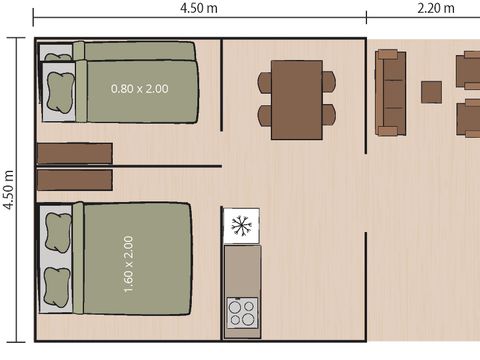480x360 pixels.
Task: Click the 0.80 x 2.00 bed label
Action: pyautogui.click(x=140, y=89)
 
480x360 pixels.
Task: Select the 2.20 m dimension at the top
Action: pyautogui.click(x=434, y=9)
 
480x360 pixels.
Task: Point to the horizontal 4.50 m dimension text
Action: pyautogui.click(x=200, y=9)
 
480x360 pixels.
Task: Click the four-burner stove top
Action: pyautogui.click(x=242, y=313)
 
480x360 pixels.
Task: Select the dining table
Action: pyautogui.click(x=297, y=100)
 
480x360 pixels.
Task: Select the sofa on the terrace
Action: pyautogui.click(x=390, y=92)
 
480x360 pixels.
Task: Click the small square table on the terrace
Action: pyautogui.click(x=431, y=92)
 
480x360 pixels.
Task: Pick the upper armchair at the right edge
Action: pyautogui.click(x=467, y=71)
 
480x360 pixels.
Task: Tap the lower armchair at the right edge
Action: pyautogui.click(x=467, y=118)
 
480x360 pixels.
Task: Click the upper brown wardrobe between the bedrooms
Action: pyautogui.click(x=74, y=153)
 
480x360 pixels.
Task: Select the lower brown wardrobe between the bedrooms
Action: pyautogui.click(x=74, y=180)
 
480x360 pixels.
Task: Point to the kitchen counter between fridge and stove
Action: pyautogui.click(x=242, y=268)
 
